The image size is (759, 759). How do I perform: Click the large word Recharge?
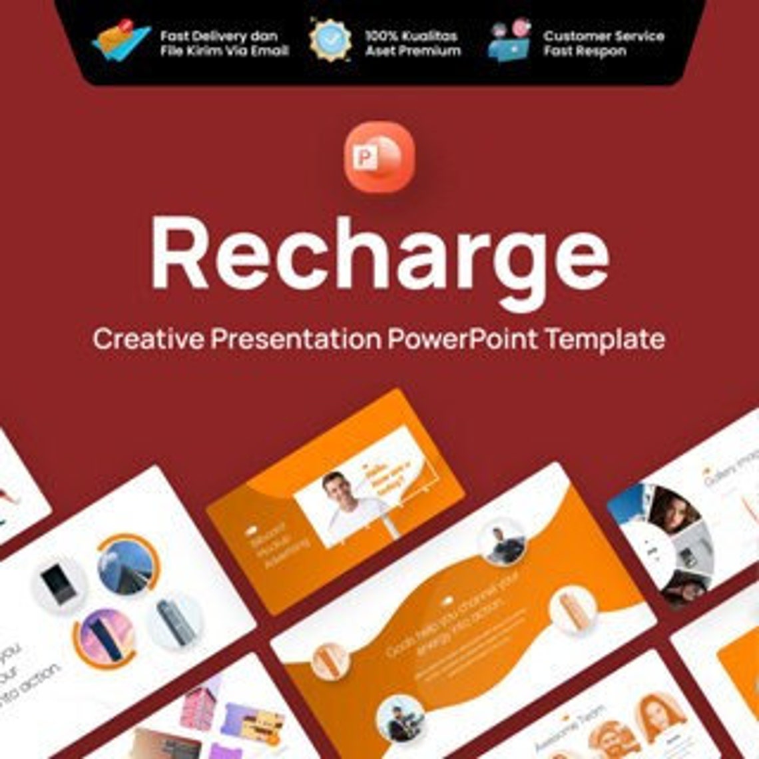379,256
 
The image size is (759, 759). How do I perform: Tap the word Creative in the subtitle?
148,339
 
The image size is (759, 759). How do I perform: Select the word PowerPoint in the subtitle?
462,339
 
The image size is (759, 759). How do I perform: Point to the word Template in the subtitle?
605,340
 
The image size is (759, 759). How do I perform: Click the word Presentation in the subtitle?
296,339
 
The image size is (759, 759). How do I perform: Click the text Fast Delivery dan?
219,36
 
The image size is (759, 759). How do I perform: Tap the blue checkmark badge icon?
330,40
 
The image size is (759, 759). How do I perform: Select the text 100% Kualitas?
411,36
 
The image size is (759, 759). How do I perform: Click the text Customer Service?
604,36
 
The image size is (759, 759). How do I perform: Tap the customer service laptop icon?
509,41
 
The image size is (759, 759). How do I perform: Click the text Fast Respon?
585,51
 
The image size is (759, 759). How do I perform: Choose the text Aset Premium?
413,51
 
